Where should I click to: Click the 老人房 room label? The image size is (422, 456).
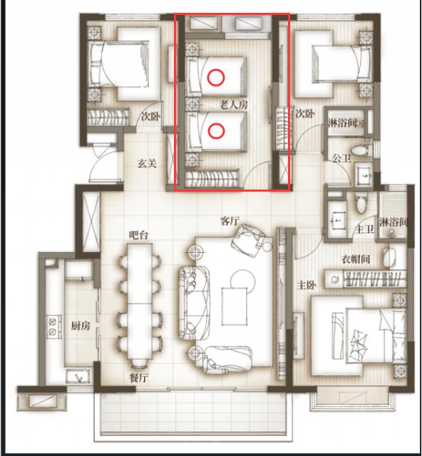[x=234, y=104]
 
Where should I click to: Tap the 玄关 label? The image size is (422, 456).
[x=148, y=164]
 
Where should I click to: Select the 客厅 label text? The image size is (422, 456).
[x=230, y=221]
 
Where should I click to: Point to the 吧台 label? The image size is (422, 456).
[x=138, y=235]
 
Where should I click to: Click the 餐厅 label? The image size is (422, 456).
[x=139, y=378]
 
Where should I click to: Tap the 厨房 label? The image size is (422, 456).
[x=81, y=326]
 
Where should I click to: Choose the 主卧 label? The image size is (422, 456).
[x=307, y=285]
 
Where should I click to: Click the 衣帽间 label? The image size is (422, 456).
[x=356, y=259]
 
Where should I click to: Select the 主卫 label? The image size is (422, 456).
[x=365, y=229]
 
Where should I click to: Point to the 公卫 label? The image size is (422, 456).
[x=341, y=158]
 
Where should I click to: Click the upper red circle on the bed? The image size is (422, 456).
[x=216, y=78]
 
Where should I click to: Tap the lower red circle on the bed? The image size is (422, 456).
[x=216, y=131]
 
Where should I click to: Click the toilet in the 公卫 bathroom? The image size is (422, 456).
[x=360, y=150]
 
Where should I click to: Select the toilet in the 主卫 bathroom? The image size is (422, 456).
[x=361, y=204]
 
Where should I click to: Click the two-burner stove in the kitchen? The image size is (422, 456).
[x=54, y=326]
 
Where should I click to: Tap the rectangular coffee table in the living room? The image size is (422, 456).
[x=235, y=306]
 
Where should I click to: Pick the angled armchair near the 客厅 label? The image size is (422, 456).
[x=248, y=240]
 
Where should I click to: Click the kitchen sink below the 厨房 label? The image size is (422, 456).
[x=78, y=377]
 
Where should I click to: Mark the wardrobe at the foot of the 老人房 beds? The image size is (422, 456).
[x=212, y=178]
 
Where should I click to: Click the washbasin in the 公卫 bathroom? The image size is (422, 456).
[x=364, y=174]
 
